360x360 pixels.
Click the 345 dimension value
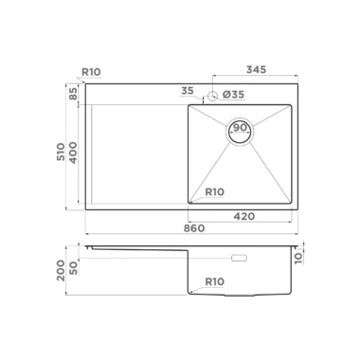[256, 69]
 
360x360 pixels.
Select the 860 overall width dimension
[194, 228]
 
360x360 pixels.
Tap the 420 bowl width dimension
[244, 216]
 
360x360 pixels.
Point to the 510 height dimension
[61, 152]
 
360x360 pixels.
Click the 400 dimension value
[73, 153]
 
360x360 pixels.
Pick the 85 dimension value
[73, 94]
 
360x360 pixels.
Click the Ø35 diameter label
[233, 95]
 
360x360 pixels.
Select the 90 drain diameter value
[240, 128]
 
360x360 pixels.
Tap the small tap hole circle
[212, 95]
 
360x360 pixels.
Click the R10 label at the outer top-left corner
[91, 72]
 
